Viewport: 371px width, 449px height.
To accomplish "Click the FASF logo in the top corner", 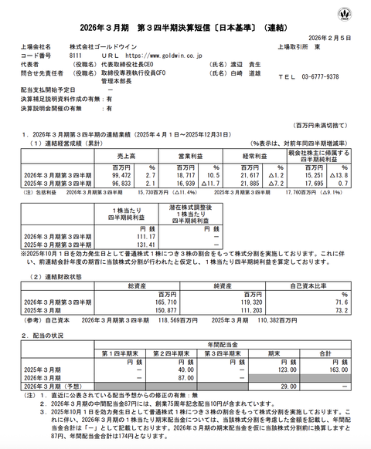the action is click(x=356, y=15).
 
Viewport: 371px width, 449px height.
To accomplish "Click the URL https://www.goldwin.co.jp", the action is click(x=155, y=56).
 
